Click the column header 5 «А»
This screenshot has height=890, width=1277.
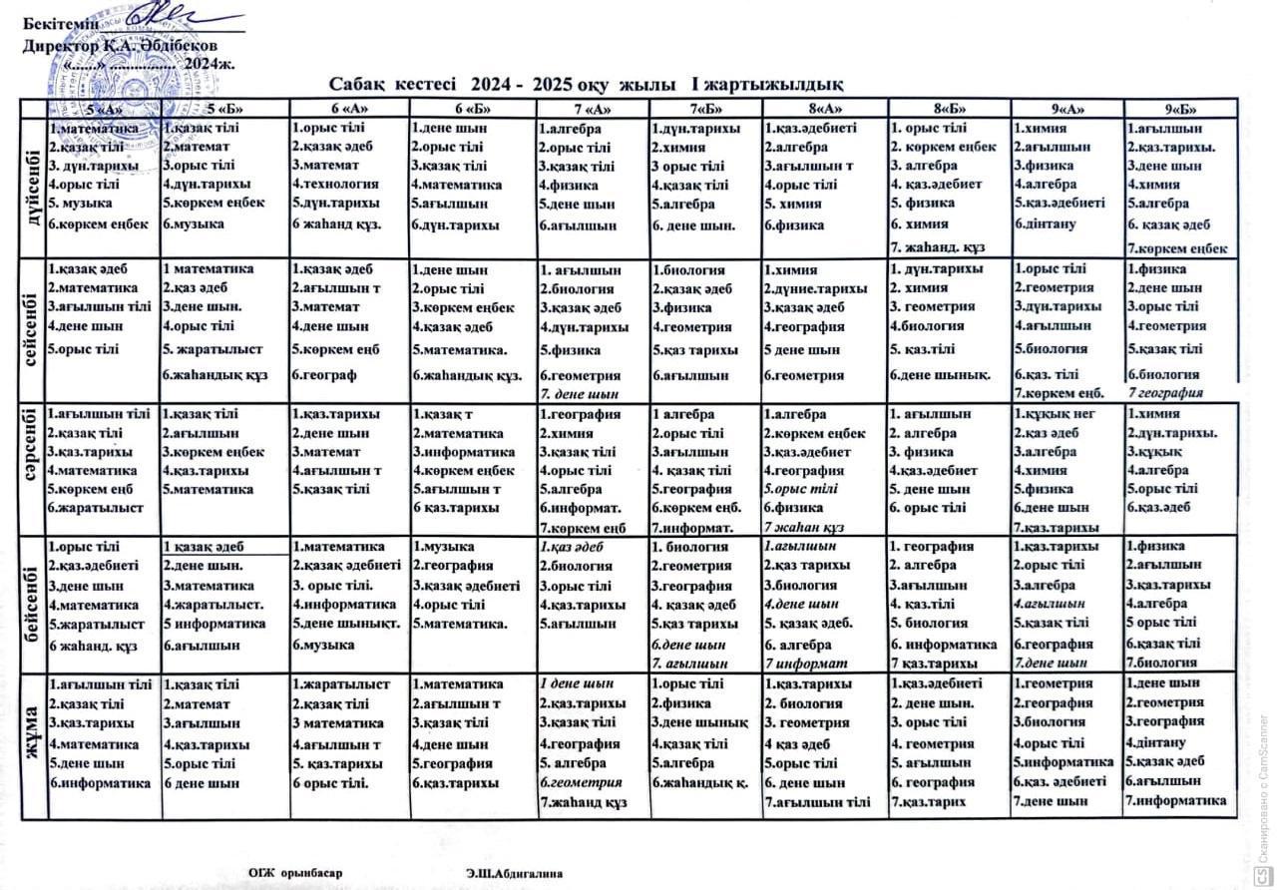(104, 109)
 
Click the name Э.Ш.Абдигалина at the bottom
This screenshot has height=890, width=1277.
(514, 871)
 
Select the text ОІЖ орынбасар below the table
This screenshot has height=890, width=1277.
(295, 871)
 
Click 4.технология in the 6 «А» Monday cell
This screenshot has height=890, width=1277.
(335, 185)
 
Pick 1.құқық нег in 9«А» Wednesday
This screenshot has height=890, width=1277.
(1056, 414)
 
